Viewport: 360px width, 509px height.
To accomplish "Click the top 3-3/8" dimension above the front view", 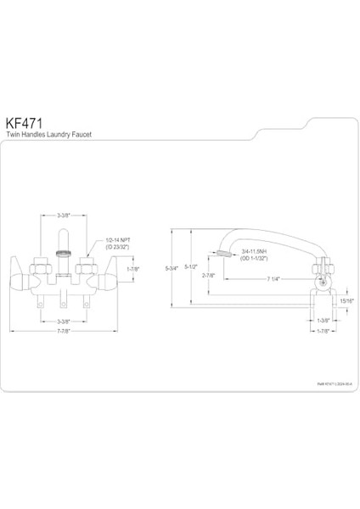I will click(64, 217).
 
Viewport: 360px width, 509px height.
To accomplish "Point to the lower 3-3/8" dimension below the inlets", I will click(64, 322).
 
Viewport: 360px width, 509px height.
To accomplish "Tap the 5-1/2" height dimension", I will click(193, 268).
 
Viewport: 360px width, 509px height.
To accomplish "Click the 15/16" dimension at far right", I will click(346, 299).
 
